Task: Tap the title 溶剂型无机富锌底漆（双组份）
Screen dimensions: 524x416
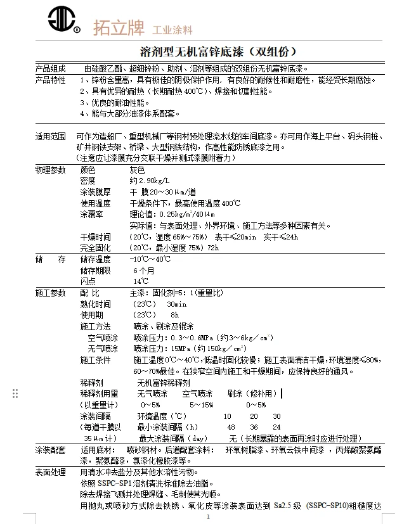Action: click(x=218, y=51)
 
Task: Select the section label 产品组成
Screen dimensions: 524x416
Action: click(x=50, y=68)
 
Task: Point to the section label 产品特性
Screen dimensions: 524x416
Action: click(x=50, y=80)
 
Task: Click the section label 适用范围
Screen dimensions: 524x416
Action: click(x=50, y=136)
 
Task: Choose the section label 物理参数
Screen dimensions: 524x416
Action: click(x=50, y=170)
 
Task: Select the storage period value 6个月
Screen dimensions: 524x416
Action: click(x=143, y=271)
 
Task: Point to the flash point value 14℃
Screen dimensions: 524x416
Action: click(x=141, y=281)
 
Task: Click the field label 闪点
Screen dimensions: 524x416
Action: click(x=88, y=281)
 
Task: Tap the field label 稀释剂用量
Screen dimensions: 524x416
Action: click(x=99, y=393)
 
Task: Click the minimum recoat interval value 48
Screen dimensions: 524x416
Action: click(x=231, y=428)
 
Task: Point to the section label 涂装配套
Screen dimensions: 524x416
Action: click(x=50, y=450)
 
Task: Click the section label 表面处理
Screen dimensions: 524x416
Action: click(x=50, y=472)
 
